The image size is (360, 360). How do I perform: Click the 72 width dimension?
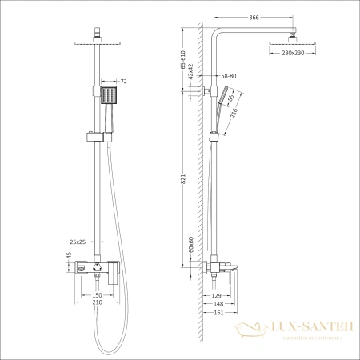[124, 82]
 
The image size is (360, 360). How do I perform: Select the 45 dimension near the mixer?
[68, 257]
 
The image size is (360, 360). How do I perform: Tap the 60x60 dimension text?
[191, 242]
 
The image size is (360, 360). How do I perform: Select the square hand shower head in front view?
[110, 98]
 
